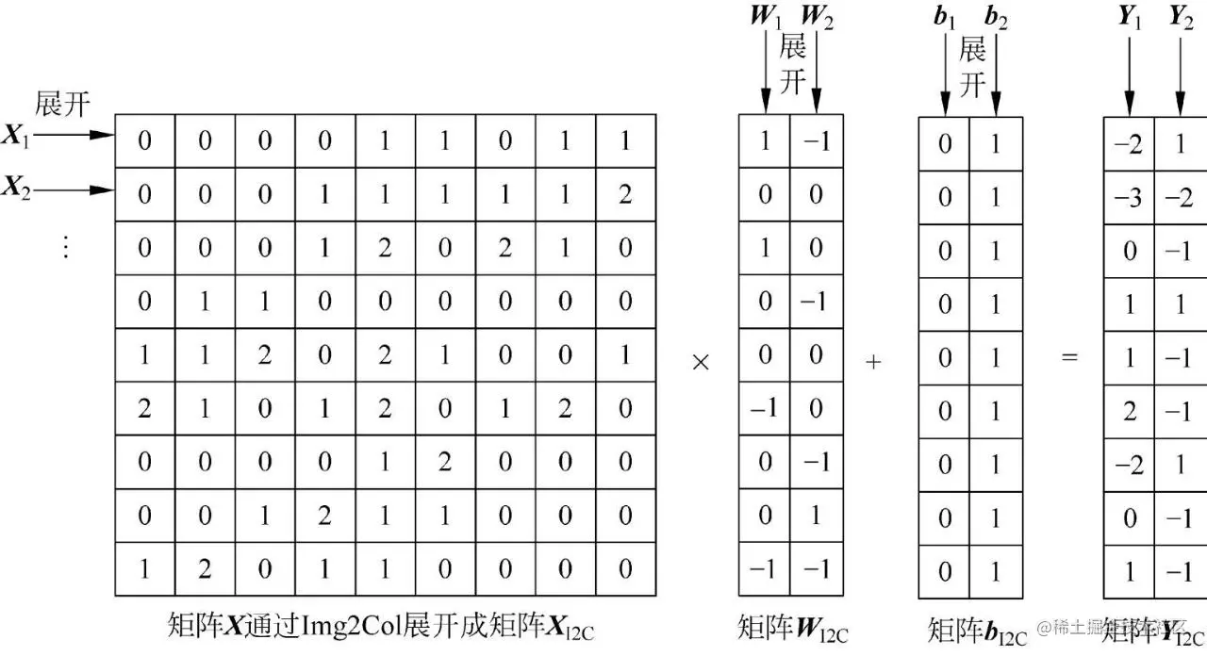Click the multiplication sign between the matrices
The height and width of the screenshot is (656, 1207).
pos(701,362)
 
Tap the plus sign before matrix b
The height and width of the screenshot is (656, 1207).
pos(873,362)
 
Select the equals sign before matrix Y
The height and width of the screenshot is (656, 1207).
pos(1069,358)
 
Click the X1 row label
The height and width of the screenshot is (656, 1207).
pos(16,137)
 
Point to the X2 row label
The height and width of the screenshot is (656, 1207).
pos(16,189)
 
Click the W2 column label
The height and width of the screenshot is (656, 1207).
pos(817,17)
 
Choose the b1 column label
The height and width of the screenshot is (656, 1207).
pos(944,17)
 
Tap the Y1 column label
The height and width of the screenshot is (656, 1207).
pos(1130,17)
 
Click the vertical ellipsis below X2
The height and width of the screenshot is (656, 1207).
pos(65,246)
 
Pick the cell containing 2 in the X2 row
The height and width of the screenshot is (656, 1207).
pos(625,195)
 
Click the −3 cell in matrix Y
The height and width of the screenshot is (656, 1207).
pos(1129,197)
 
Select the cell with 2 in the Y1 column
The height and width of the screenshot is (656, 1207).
pos(1130,411)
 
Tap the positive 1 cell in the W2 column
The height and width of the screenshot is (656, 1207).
pos(817,516)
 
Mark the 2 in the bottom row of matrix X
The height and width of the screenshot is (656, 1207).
pos(205,569)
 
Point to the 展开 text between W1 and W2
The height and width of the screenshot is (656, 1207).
pos(792,62)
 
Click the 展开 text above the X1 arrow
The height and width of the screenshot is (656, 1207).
pos(62,104)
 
